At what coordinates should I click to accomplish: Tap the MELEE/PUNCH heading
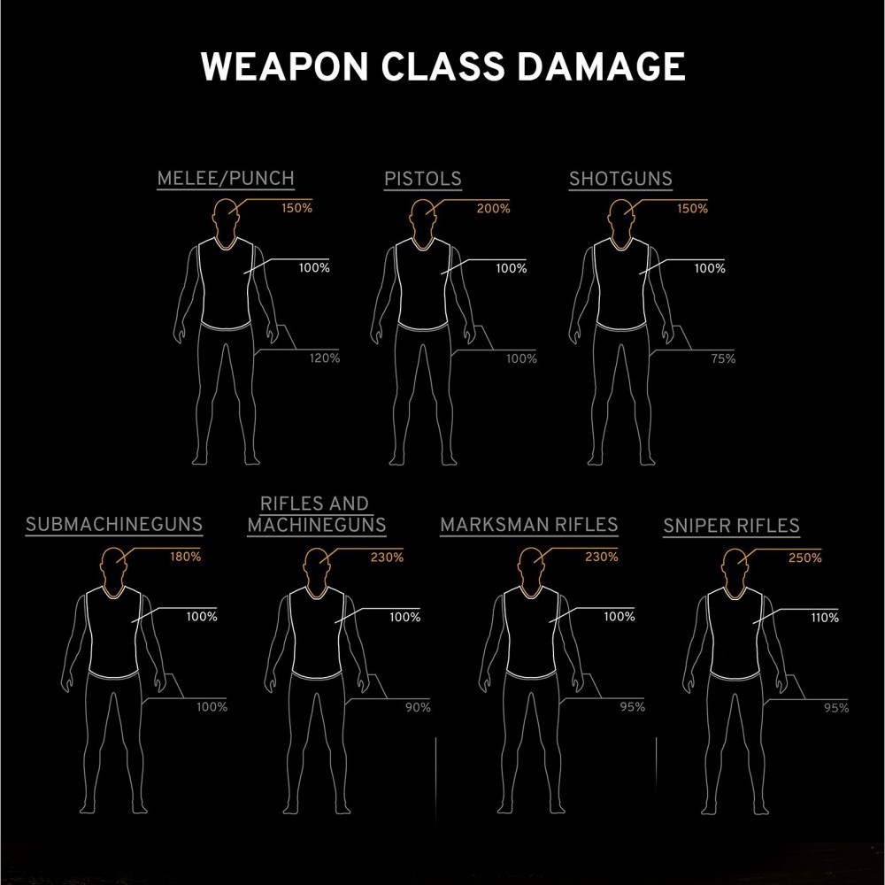coord(226,178)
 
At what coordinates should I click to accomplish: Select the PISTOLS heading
coord(422,178)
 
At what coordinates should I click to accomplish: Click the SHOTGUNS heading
coord(620,178)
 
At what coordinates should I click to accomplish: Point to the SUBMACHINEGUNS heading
coord(114,524)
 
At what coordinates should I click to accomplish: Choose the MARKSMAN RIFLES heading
coord(528,524)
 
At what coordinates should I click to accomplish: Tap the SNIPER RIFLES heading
coord(731,526)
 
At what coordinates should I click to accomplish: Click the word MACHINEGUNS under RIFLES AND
coord(317,524)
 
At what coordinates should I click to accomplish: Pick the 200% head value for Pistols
coord(493,209)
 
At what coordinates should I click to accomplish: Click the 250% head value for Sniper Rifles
coord(804,558)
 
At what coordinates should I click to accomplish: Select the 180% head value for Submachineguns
coord(185,558)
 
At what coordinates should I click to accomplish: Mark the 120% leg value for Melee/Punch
coord(324,358)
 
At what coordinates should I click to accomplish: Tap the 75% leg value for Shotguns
coord(722,358)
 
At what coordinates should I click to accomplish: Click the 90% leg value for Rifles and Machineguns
coord(417,707)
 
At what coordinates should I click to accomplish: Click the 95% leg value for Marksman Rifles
coord(632,707)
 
